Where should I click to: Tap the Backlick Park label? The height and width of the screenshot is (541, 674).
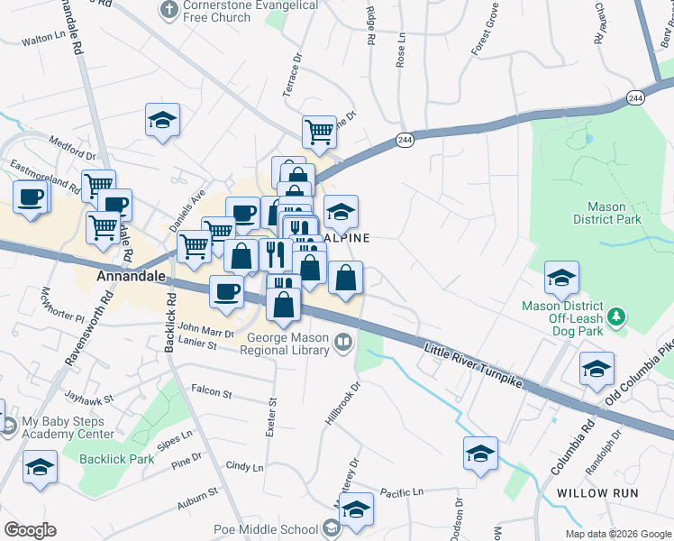point(116,459)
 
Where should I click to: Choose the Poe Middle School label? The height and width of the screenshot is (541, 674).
point(266,529)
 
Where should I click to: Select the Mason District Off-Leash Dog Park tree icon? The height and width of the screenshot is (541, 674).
point(616,316)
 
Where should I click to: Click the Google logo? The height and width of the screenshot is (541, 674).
point(30,529)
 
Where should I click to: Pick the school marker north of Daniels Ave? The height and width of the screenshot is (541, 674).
point(163,120)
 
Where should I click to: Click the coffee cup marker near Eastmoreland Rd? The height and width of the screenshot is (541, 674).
point(30,197)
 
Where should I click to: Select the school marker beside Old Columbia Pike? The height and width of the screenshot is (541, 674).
point(597,369)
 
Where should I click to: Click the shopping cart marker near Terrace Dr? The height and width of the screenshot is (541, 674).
point(319,132)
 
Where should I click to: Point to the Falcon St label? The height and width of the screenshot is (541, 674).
point(212,392)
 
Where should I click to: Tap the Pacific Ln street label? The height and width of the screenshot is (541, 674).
point(401,492)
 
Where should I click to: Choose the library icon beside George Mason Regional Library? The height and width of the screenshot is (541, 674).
point(343,341)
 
